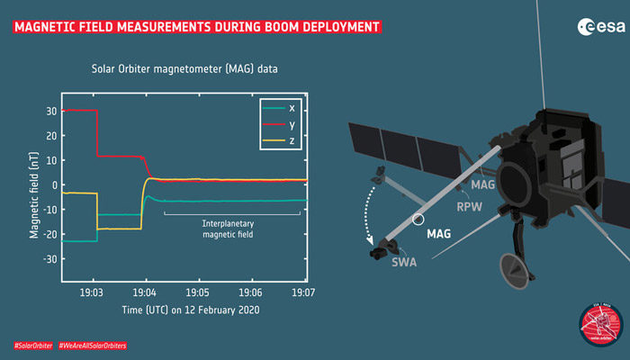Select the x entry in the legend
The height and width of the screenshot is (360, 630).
(x=278, y=108)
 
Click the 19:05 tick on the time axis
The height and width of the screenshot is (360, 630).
(x=198, y=293)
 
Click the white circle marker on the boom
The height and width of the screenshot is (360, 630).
(x=417, y=219)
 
